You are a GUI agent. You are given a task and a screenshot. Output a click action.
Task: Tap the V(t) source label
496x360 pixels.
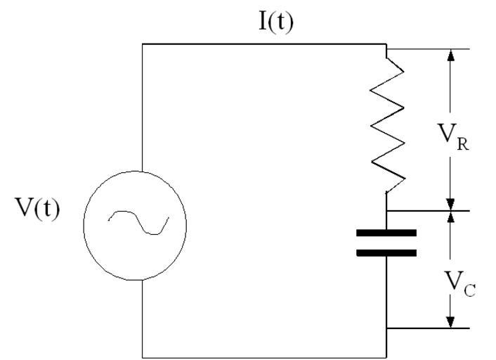[x=37, y=210]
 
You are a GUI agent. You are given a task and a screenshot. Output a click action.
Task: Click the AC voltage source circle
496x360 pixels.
[x=135, y=224]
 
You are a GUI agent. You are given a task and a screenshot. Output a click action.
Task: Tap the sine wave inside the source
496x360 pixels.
[x=138, y=223]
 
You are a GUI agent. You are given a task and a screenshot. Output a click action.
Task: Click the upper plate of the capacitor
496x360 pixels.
[x=386, y=233]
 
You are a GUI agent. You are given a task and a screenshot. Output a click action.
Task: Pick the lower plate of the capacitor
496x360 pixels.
[x=386, y=252]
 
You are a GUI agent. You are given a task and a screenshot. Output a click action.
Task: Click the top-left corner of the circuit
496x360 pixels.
[x=143, y=44]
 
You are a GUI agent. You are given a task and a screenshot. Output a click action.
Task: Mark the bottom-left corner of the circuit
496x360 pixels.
[x=143, y=356]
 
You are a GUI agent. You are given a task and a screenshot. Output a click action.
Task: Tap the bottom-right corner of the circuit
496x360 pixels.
[x=386, y=356]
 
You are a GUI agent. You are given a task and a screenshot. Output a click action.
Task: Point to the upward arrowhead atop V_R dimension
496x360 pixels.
[x=450, y=56]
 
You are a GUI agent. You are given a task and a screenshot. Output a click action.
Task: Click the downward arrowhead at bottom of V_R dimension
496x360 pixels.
[x=450, y=203]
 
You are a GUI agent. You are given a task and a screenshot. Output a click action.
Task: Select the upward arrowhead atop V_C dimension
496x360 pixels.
[x=450, y=217]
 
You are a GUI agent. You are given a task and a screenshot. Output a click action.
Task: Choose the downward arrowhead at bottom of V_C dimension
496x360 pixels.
[x=450, y=321]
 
